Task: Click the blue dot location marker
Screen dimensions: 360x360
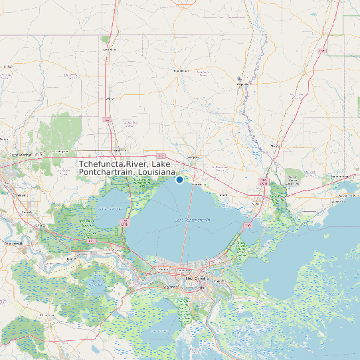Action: point(179,179)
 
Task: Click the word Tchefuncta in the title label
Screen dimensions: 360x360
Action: point(106,164)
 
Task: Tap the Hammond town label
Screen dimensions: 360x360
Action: point(120,149)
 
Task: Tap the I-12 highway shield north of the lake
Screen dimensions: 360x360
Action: point(161,155)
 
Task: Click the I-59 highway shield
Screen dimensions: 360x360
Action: point(263,180)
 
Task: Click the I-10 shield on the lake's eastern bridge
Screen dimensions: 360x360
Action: point(248,226)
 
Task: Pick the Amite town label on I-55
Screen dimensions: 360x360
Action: point(108,49)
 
